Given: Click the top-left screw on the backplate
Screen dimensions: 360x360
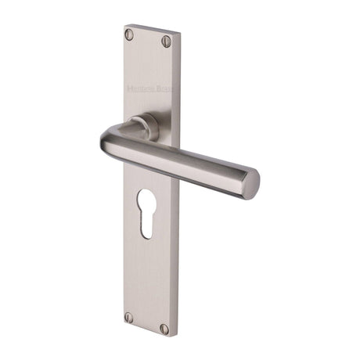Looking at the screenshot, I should click(130, 34).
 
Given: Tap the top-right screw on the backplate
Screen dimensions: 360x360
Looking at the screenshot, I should click(165, 40).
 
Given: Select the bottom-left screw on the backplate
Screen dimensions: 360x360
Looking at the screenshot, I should click(129, 317).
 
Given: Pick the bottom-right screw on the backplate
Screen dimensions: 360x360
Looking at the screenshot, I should click(165, 329).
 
